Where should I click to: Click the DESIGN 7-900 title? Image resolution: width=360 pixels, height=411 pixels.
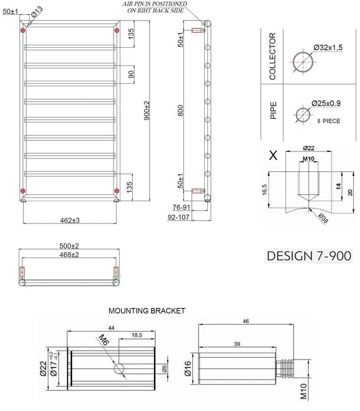click(x=309, y=256)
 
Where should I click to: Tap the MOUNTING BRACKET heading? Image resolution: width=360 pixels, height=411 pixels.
click(x=146, y=311)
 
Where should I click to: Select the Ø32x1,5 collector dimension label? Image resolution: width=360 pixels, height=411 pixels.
click(x=328, y=47)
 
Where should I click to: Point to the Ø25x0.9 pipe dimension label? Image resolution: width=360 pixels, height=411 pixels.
click(x=326, y=103)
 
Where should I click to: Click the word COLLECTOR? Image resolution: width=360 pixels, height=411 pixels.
click(x=272, y=56)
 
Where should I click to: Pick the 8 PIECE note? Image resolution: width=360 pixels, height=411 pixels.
click(x=328, y=121)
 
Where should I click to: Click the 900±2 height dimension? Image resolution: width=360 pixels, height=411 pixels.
click(x=147, y=111)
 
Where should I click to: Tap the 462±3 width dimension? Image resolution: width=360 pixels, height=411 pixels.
click(x=70, y=220)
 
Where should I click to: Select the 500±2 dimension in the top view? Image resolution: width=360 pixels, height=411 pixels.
click(x=69, y=246)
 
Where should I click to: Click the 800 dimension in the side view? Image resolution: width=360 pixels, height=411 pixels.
click(x=180, y=111)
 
